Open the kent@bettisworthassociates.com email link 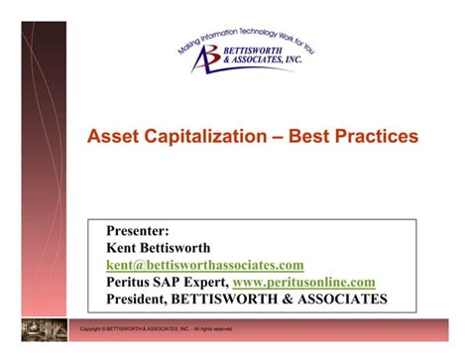(204, 265)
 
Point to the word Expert (209, 282)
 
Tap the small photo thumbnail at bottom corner (44, 328)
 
